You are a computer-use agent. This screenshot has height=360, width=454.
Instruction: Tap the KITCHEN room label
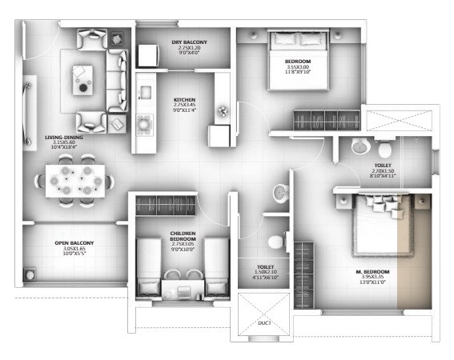click(185, 101)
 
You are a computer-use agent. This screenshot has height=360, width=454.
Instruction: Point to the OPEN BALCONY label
click(74, 243)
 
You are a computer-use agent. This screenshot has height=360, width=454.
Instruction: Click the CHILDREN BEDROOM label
click(184, 236)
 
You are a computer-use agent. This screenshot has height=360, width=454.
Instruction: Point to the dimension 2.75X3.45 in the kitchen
click(185, 107)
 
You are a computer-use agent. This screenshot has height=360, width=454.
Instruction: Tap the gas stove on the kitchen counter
click(145, 122)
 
